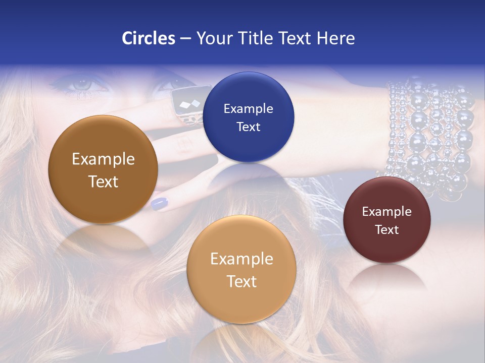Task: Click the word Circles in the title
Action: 149,38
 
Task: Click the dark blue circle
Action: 249,117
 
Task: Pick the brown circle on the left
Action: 103,169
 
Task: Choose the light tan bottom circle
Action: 241,269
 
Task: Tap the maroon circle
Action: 387,220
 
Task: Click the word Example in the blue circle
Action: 249,108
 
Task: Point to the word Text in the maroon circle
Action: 387,230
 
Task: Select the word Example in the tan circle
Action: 241,259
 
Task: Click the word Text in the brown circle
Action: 103,181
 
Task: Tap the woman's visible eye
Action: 81,85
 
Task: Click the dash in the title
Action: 185,39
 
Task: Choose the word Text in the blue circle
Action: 249,127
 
